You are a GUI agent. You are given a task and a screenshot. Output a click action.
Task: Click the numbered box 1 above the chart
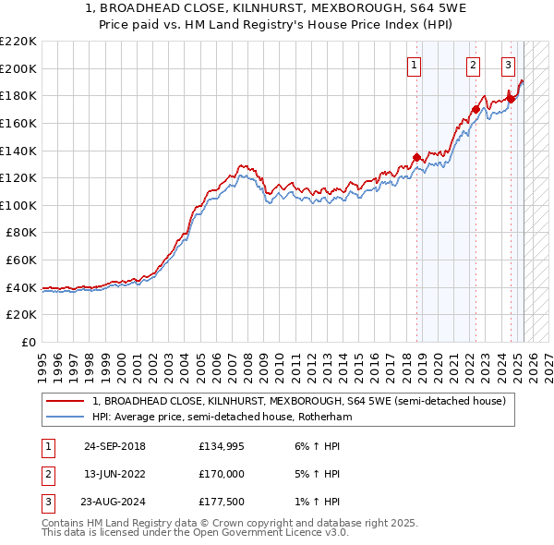413,65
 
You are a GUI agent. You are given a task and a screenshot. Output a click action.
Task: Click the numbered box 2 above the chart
473,65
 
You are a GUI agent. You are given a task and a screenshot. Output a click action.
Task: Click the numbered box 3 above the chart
508,65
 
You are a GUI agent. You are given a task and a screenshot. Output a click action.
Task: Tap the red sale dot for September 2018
416,156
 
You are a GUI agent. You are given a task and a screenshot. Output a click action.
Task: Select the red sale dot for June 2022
476,109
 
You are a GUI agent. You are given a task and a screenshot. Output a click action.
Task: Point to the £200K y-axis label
18,68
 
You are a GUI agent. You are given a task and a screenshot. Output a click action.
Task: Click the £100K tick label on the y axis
18,205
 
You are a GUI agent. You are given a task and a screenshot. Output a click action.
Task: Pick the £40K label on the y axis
22,287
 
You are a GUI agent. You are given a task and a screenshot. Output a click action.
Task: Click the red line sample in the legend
66,402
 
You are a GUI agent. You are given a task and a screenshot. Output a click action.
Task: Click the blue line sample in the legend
66,417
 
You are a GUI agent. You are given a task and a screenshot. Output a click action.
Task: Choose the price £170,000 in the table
222,474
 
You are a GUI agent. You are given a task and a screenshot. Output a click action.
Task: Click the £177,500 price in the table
222,502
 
